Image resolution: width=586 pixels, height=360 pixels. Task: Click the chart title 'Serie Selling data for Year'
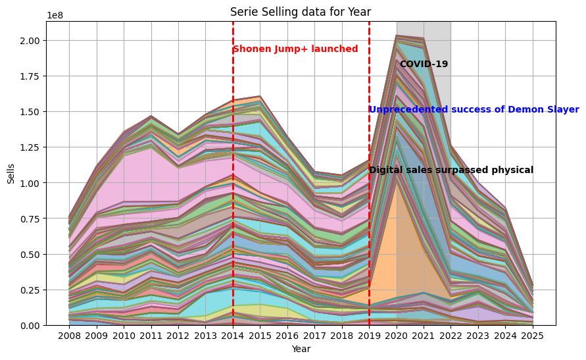(x=301, y=12)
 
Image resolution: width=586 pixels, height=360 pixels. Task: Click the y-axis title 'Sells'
(x=11, y=173)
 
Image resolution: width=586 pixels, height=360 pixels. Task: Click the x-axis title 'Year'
(x=301, y=349)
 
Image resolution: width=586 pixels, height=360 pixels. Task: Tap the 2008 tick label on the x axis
(x=69, y=335)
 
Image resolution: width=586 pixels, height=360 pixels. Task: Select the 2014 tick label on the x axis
(x=233, y=335)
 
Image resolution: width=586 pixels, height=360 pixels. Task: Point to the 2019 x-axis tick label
(x=369, y=335)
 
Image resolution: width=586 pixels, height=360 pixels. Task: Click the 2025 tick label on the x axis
(x=533, y=335)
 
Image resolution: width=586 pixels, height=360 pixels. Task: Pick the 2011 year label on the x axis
(x=151, y=335)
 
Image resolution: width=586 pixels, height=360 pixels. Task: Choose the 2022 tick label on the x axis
(x=451, y=335)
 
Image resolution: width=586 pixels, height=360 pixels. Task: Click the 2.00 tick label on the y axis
(x=30, y=41)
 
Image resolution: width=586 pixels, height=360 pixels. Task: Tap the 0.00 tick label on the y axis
(x=30, y=326)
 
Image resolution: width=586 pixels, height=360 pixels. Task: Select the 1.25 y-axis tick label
(x=30, y=147)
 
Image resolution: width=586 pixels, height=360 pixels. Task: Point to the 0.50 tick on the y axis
(x=30, y=255)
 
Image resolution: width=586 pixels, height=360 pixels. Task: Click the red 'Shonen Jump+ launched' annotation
(x=295, y=49)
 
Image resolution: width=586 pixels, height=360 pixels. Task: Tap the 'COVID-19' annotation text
(x=424, y=64)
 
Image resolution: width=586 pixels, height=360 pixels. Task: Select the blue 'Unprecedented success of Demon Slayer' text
(x=474, y=110)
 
